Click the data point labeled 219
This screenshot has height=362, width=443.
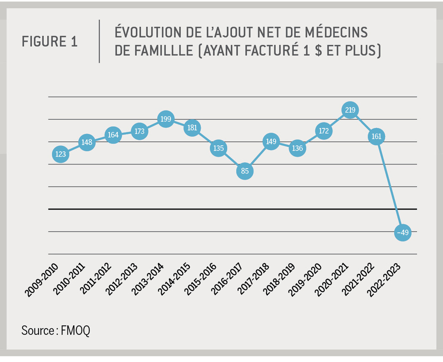click(x=350, y=110)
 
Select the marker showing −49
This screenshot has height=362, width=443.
click(x=403, y=233)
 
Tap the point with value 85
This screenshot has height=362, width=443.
click(x=245, y=171)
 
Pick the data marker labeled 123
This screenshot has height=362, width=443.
click(x=61, y=154)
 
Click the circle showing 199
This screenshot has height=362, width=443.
click(x=166, y=119)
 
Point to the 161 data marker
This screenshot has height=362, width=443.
click(x=377, y=136)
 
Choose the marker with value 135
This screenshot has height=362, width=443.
click(x=218, y=148)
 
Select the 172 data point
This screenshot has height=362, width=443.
click(x=324, y=131)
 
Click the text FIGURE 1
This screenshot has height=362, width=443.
click(x=49, y=42)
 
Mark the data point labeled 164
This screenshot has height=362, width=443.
click(x=113, y=135)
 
